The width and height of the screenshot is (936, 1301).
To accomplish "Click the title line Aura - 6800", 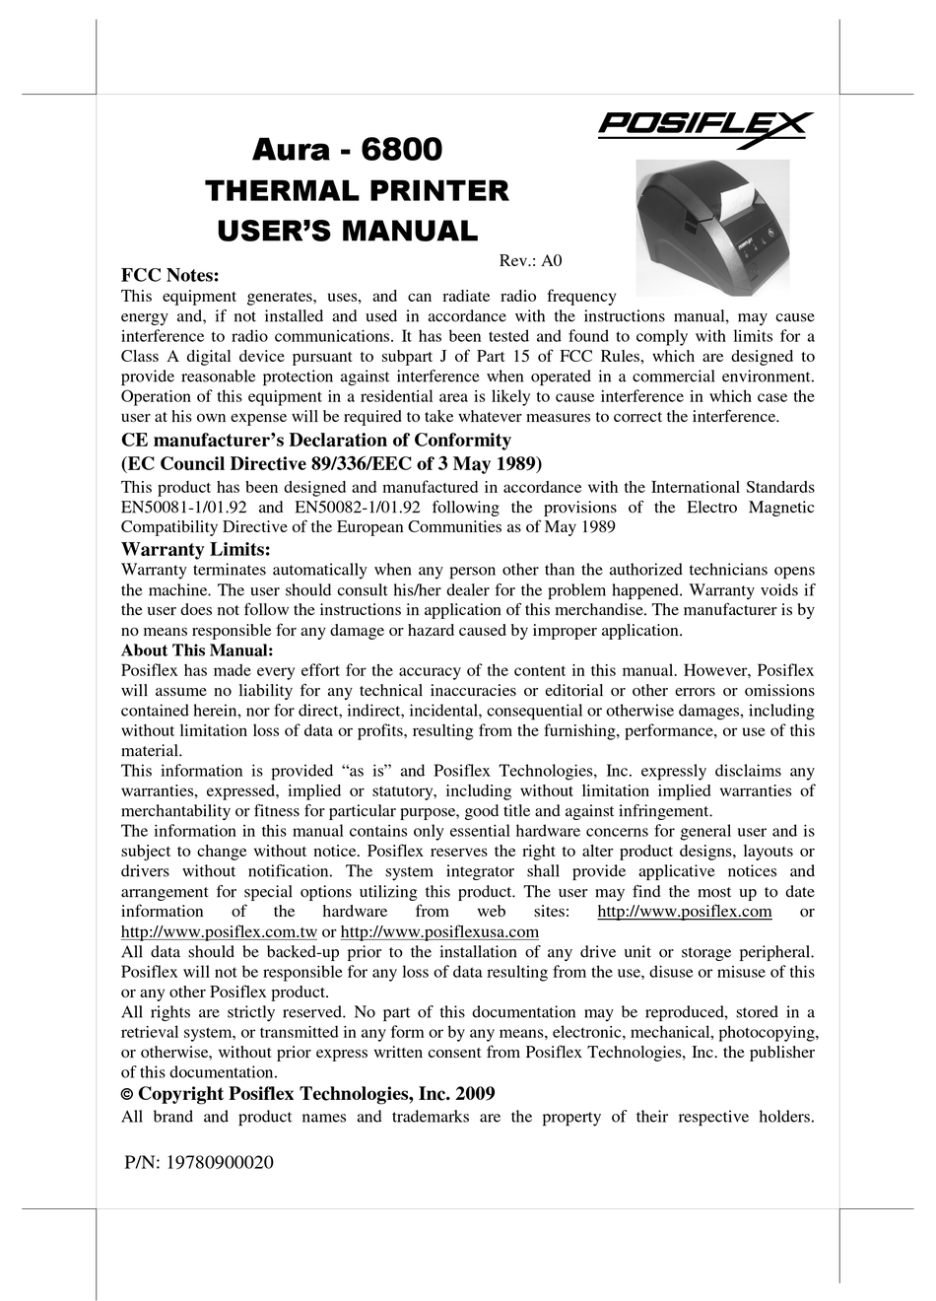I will [348, 150].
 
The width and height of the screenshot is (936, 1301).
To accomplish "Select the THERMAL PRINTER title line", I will [357, 190].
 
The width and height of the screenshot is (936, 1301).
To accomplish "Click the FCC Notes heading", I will [168, 276].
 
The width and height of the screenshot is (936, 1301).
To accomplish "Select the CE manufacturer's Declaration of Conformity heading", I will [315, 441].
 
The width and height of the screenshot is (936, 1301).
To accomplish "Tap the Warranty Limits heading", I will [195, 549].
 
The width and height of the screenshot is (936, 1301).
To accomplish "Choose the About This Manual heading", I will [197, 650].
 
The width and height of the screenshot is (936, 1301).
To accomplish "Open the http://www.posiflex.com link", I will [685, 912].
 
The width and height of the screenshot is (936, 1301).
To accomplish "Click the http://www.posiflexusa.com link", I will [439, 932].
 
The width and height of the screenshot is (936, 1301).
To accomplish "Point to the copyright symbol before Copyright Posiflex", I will [126, 1094].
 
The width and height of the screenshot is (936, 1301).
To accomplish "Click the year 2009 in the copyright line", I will [475, 1094].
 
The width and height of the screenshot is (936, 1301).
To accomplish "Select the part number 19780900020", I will [220, 1162].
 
